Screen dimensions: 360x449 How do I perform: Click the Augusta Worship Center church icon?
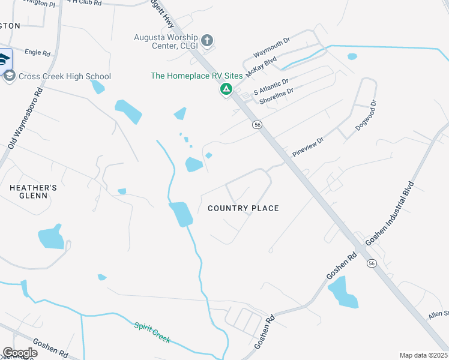[207, 41]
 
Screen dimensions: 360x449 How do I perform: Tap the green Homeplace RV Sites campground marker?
[226, 90]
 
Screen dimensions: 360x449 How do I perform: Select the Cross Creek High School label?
[65, 76]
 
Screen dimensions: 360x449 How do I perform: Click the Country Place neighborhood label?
[243, 208]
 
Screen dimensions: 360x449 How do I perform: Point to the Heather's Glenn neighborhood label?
[33, 191]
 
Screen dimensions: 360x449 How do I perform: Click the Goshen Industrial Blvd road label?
[390, 212]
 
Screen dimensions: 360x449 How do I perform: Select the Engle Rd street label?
[38, 53]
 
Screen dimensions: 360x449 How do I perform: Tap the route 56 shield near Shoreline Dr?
[257, 124]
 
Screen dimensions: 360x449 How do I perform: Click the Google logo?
[20, 353]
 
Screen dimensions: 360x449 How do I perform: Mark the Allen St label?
[438, 314]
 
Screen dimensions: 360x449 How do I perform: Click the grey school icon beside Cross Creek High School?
[9, 76]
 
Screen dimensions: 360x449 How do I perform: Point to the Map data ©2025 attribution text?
[423, 355]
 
